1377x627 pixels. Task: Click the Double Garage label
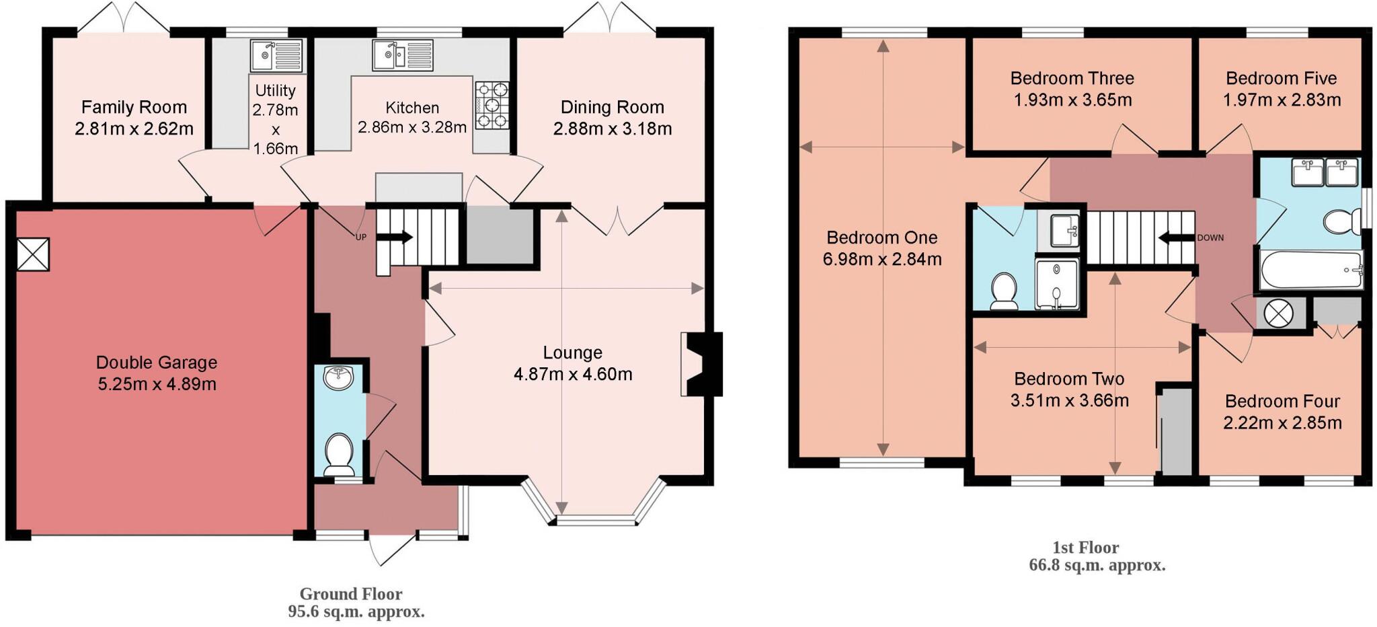157,363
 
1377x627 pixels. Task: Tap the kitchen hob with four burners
492,105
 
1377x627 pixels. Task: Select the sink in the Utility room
277,55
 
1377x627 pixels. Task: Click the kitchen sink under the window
403,55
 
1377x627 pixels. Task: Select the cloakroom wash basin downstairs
339,377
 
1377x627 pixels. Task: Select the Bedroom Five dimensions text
1282,100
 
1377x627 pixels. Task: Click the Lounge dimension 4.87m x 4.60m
573,375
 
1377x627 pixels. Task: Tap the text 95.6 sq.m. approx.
356,612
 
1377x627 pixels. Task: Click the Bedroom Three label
1072,79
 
